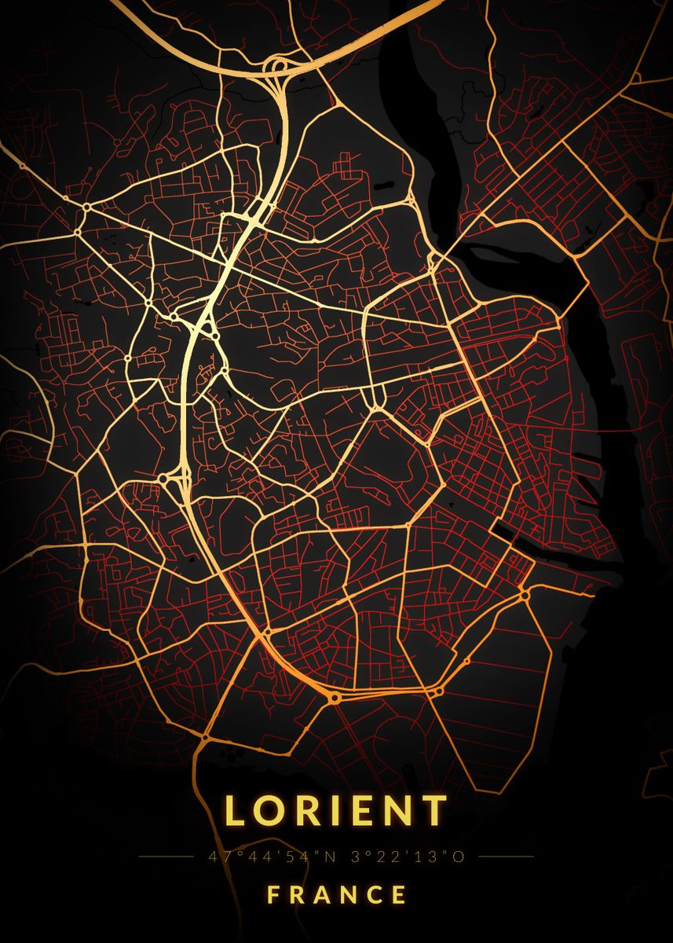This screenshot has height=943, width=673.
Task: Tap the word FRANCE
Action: [337, 894]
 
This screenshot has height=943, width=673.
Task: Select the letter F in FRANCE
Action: [273, 894]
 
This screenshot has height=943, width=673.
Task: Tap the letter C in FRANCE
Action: [375, 894]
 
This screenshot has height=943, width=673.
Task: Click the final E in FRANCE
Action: [400, 894]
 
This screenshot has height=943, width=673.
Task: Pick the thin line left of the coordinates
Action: [165, 857]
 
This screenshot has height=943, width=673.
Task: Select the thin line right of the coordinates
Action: [506, 857]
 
